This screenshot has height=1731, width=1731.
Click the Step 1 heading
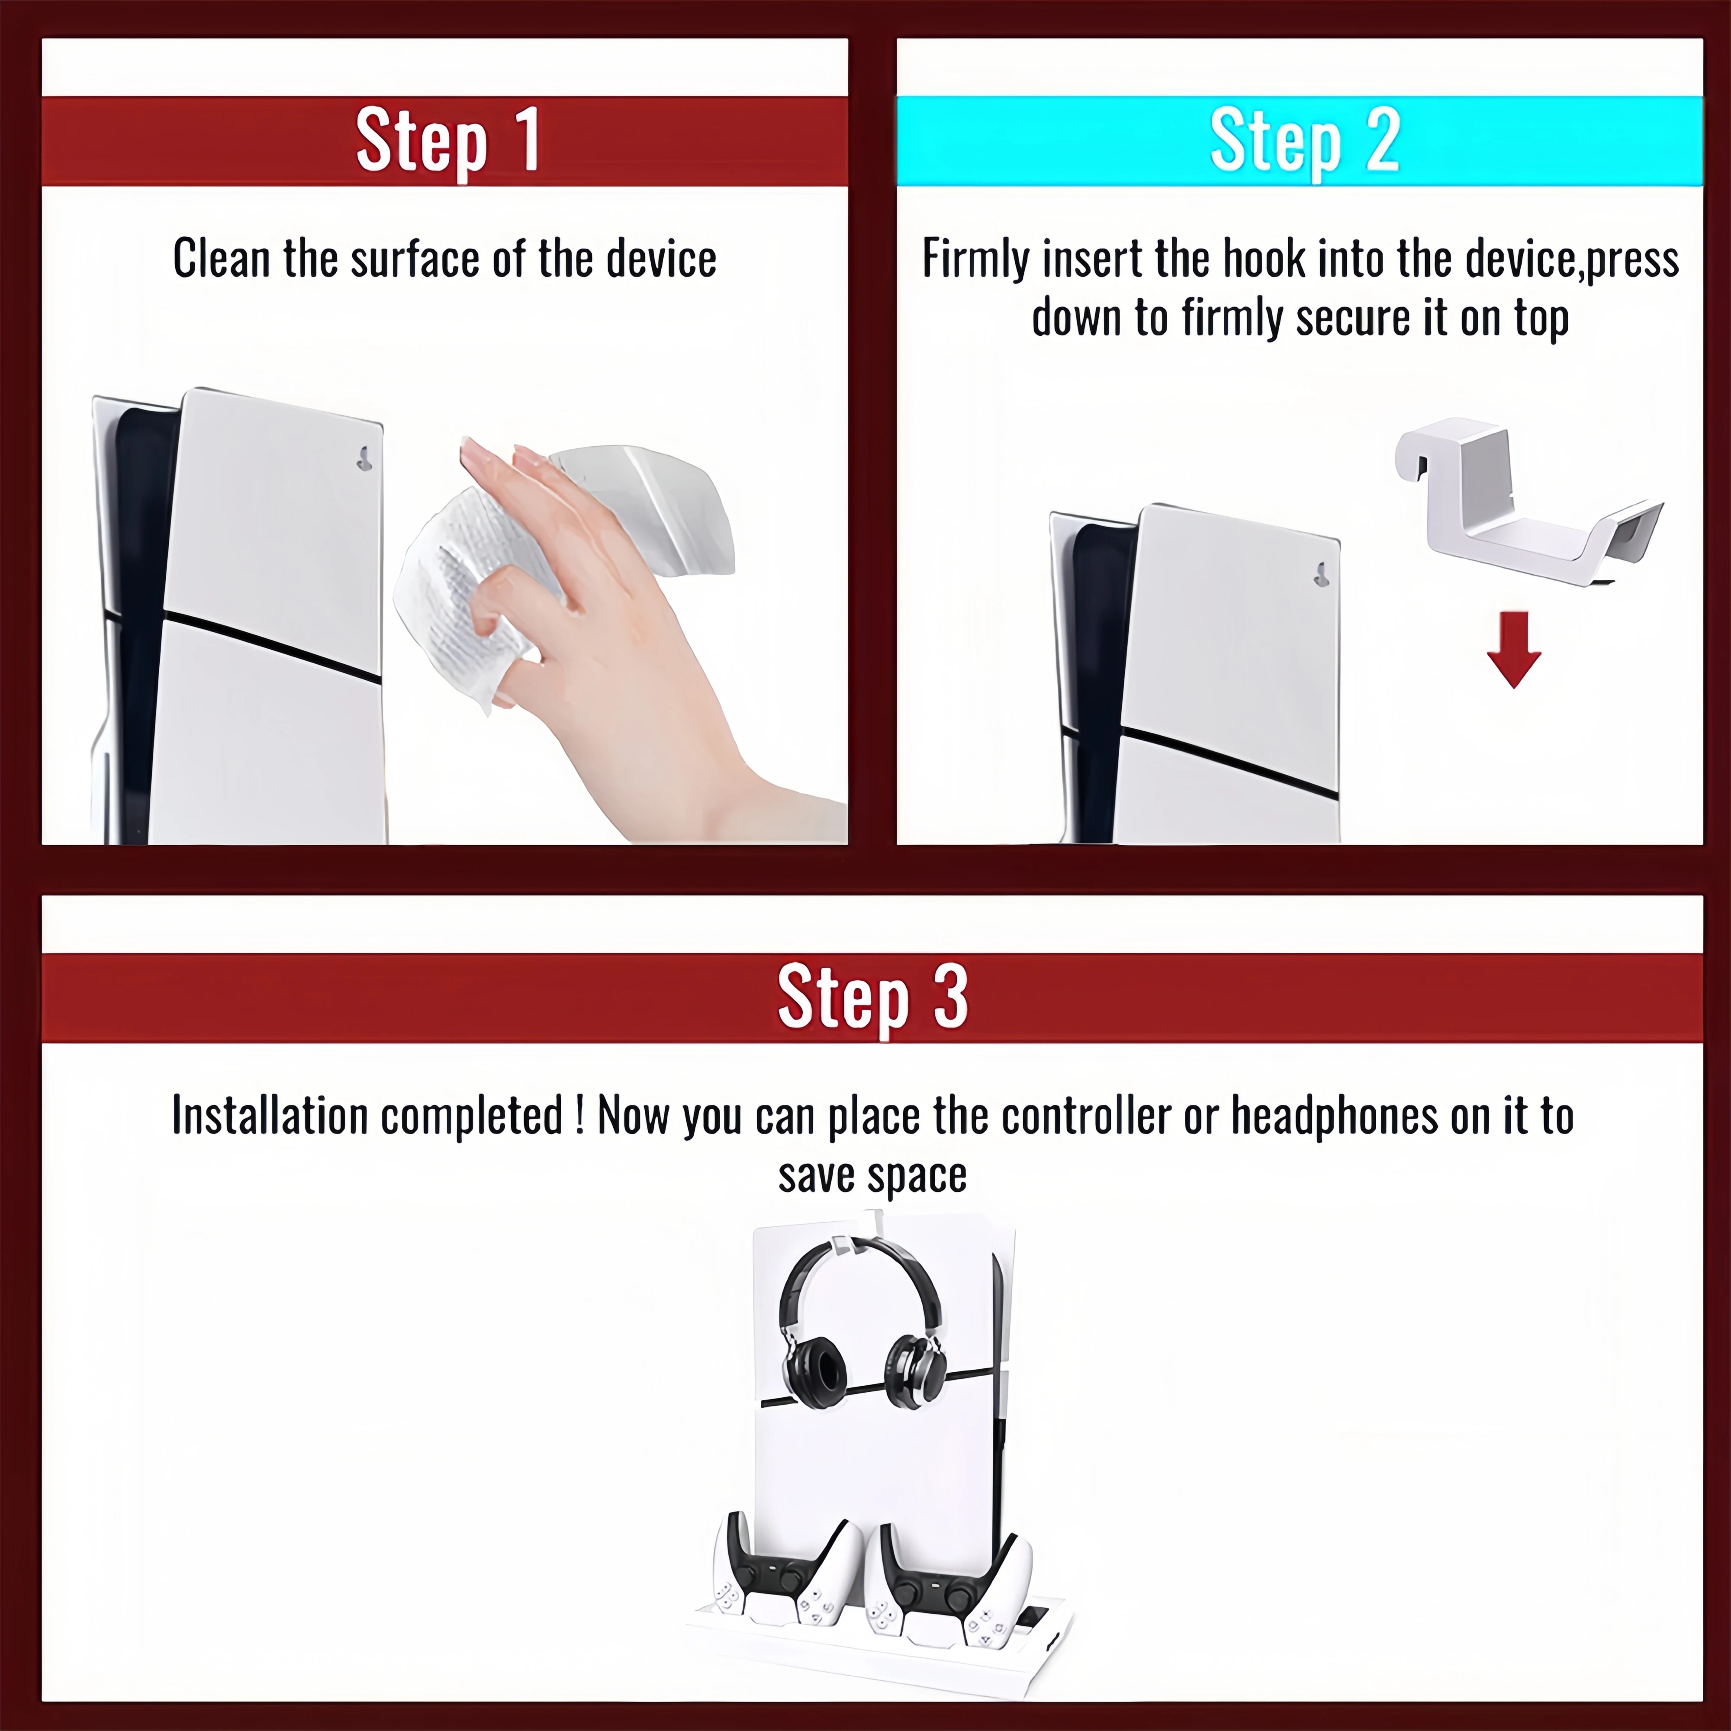pyautogui.click(x=448, y=141)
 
